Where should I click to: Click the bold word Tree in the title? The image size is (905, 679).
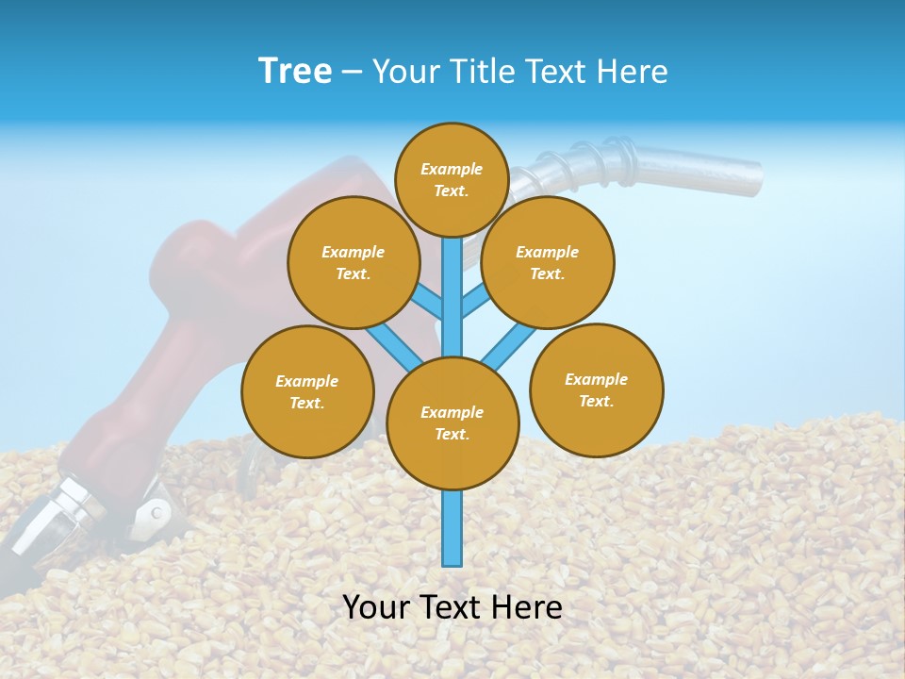click(x=295, y=71)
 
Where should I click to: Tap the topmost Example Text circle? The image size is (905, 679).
click(x=452, y=179)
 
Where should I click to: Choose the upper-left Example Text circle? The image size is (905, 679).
click(x=353, y=262)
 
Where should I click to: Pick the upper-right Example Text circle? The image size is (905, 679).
click(x=547, y=262)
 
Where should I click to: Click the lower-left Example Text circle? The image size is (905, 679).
click(x=307, y=391)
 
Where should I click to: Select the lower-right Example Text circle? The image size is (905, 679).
click(x=596, y=389)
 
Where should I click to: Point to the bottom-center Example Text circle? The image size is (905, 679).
click(x=452, y=422)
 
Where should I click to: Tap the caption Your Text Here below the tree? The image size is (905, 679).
click(x=452, y=607)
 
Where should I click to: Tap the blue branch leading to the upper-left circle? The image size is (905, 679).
click(x=429, y=303)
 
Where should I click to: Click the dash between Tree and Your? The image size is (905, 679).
click(x=352, y=72)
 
